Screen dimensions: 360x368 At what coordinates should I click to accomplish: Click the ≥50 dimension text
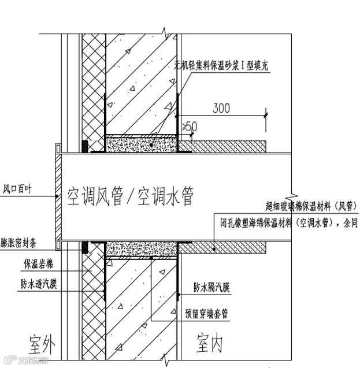click(190, 125)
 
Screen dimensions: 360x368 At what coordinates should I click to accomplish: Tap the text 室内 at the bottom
click(209, 344)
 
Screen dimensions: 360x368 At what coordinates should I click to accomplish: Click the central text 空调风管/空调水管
click(130, 197)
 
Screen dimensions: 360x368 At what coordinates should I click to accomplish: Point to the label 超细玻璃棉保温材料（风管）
click(310, 205)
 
